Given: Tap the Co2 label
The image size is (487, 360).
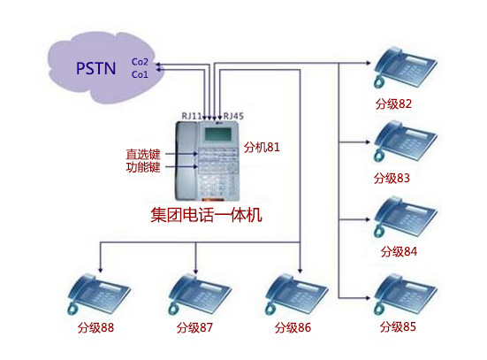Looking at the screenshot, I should pos(140,62).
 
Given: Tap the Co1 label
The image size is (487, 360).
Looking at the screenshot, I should pos(140,74).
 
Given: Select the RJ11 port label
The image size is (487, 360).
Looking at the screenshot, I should pos(192,116).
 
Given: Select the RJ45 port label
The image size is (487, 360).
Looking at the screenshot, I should pos(233,116).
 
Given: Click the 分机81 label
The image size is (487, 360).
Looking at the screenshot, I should pos(263,147).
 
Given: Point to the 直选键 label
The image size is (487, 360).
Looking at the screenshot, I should pos(143,153).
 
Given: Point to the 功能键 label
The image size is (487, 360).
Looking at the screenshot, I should pos(143,166).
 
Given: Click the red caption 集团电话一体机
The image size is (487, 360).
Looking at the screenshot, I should pos(208,214).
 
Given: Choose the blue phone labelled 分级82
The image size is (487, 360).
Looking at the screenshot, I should pos(404,68).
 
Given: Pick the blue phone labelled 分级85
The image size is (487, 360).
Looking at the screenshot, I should pos(404,294).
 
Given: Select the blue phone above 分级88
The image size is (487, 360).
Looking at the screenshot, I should pos(97,294).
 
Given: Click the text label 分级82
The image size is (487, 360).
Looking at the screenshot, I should pos(393,103).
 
